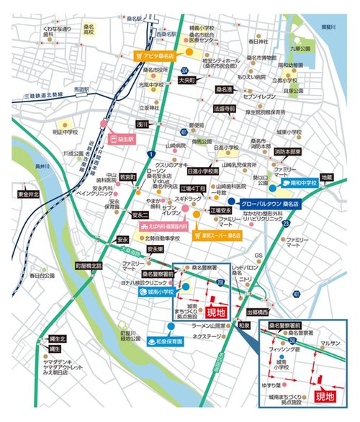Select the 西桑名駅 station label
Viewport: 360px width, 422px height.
pos(165,33)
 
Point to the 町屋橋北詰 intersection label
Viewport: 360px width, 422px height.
pos(89,265)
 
